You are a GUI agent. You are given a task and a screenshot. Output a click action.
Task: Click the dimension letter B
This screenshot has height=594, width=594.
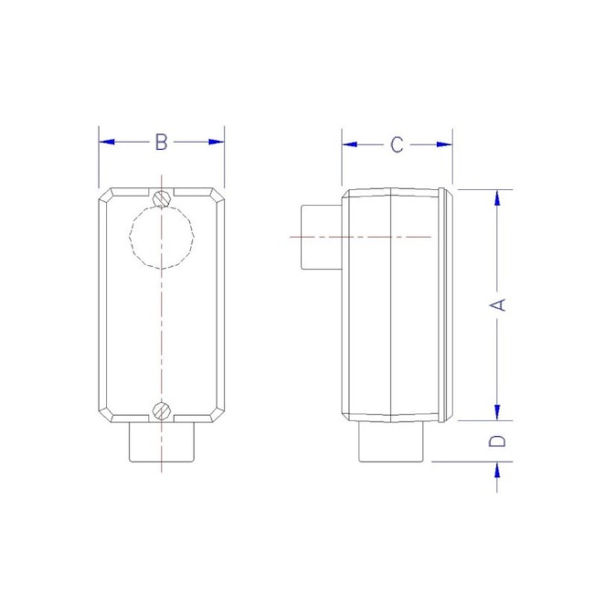click(x=161, y=143)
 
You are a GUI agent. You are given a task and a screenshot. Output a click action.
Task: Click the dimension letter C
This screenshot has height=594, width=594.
click(x=397, y=144)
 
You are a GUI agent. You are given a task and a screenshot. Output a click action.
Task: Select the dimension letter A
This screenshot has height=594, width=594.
click(x=499, y=304)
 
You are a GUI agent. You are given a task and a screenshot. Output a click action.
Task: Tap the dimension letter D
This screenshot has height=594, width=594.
click(x=498, y=441)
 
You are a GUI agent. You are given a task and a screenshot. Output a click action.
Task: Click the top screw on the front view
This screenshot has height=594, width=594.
click(x=162, y=197)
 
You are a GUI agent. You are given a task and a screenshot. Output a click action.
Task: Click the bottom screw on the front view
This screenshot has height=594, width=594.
click(x=162, y=409)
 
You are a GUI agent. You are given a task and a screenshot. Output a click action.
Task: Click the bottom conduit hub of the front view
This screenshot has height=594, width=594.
click(x=162, y=443)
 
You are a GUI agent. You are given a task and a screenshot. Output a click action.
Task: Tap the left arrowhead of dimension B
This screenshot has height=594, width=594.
click(x=106, y=143)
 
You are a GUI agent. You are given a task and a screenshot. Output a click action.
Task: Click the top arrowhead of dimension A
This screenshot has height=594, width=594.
click(x=498, y=196)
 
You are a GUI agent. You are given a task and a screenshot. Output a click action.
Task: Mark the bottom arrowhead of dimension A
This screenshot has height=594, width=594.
click(x=498, y=412)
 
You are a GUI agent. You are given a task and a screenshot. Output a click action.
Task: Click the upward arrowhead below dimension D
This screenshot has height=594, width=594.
click(x=498, y=469)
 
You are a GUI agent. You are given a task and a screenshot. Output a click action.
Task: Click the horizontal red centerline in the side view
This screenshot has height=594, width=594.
click(x=366, y=238)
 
